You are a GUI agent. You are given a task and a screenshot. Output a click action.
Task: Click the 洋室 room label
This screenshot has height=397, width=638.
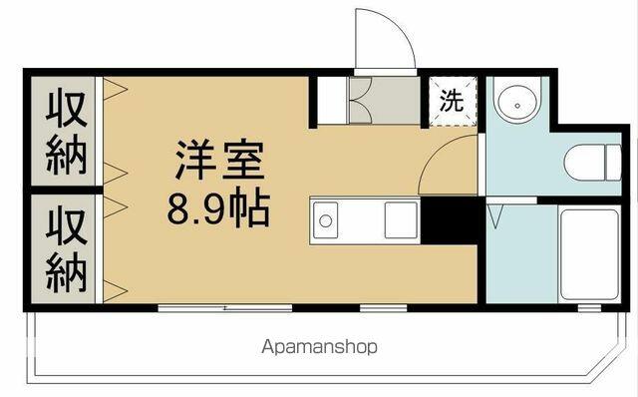tap(219, 160)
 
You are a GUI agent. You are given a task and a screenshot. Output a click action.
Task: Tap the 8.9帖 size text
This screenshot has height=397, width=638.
tap(219, 210)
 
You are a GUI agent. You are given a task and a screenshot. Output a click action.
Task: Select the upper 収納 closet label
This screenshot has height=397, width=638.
tap(67, 132)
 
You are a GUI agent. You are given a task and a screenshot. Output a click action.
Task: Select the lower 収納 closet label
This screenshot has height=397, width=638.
tap(67, 249)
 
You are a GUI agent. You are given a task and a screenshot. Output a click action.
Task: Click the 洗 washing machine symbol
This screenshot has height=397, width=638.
tap(453, 101)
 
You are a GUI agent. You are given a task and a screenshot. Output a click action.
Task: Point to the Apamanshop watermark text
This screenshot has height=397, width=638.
tap(319, 347)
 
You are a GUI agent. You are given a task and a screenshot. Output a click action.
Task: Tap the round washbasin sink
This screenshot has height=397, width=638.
tap(517, 105)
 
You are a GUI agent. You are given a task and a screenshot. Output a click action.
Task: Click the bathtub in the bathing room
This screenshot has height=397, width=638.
tap(589, 254)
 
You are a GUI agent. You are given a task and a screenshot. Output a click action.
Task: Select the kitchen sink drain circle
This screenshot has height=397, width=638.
tap(325, 221)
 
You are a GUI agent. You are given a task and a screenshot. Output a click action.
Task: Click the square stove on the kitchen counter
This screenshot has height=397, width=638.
tap(401, 219)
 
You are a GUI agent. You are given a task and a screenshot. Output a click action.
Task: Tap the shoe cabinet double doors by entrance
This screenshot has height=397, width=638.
tap(361, 100)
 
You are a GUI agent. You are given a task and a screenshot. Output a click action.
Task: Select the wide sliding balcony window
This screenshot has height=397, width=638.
tap(225, 308)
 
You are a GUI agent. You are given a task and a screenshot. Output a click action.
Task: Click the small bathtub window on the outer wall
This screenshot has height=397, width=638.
tap(589, 308)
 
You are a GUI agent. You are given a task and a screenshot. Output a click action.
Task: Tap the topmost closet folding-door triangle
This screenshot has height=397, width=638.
tap(116, 89)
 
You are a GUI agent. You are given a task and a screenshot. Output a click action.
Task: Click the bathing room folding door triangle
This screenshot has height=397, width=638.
tap(495, 216)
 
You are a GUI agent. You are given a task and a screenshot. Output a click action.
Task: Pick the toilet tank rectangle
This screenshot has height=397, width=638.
tap(614, 163)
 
